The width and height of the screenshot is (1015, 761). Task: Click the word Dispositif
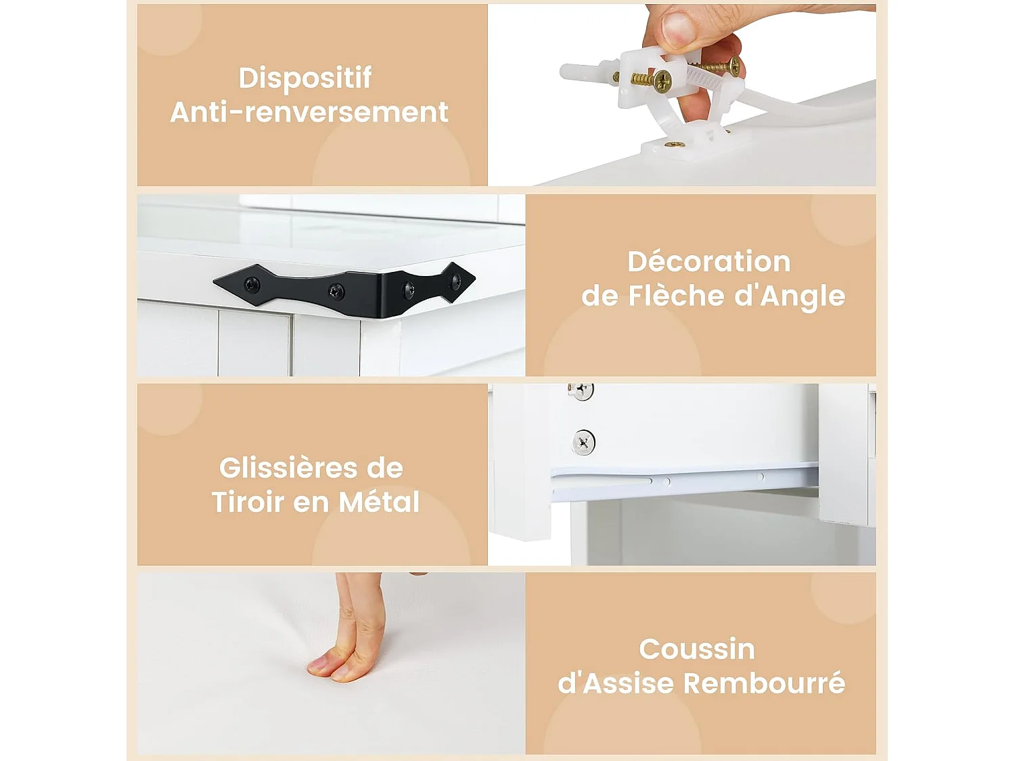(x=305, y=78)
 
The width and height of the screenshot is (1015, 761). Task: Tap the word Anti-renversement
(x=309, y=112)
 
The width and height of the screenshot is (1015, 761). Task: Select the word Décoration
(x=709, y=262)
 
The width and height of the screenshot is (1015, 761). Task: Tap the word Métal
(x=379, y=502)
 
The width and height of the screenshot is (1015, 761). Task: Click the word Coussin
(x=698, y=649)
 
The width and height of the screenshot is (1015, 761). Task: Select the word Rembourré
(x=765, y=683)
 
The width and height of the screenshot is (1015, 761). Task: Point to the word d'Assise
(x=616, y=683)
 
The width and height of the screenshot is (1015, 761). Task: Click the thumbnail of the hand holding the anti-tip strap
(x=682, y=95)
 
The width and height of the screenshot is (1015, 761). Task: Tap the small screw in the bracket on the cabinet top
(x=673, y=145)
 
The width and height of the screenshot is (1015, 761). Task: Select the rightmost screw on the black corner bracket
(x=456, y=279)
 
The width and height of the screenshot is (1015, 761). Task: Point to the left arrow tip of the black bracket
(x=214, y=281)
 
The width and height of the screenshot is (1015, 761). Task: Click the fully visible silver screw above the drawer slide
(x=584, y=442)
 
